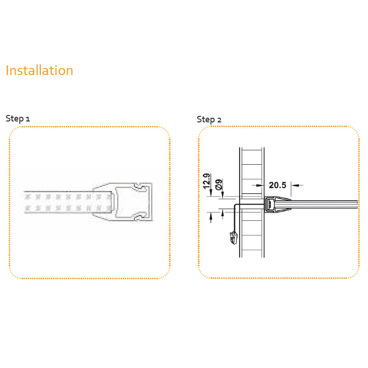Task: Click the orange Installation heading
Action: click(40, 70)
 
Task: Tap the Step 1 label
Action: click(18, 119)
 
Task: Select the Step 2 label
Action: click(209, 120)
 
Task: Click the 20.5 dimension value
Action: click(277, 185)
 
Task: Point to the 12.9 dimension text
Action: click(207, 181)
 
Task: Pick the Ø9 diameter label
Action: click(218, 184)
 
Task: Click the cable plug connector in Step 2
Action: click(234, 238)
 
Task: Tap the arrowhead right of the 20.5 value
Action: click(295, 185)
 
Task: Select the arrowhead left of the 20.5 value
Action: click(260, 185)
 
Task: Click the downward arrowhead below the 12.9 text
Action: click(211, 193)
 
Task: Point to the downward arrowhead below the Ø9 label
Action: click(223, 195)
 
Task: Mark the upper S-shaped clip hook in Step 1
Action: click(139, 187)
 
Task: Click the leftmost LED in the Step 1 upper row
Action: click(28, 197)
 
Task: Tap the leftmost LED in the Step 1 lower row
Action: click(28, 208)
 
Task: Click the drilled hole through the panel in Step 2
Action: click(252, 202)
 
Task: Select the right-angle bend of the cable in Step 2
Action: click(236, 206)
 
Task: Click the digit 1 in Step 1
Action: click(28, 119)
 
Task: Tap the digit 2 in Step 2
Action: click(219, 121)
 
